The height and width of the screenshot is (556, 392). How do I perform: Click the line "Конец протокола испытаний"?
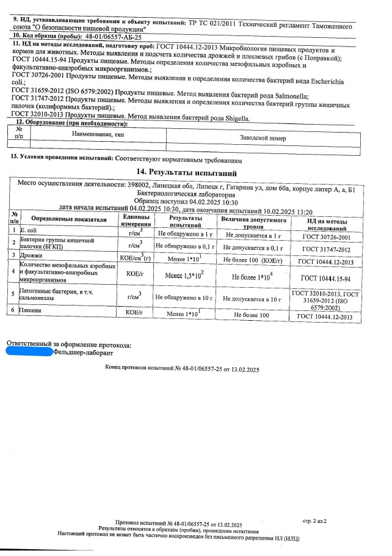[183, 370]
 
